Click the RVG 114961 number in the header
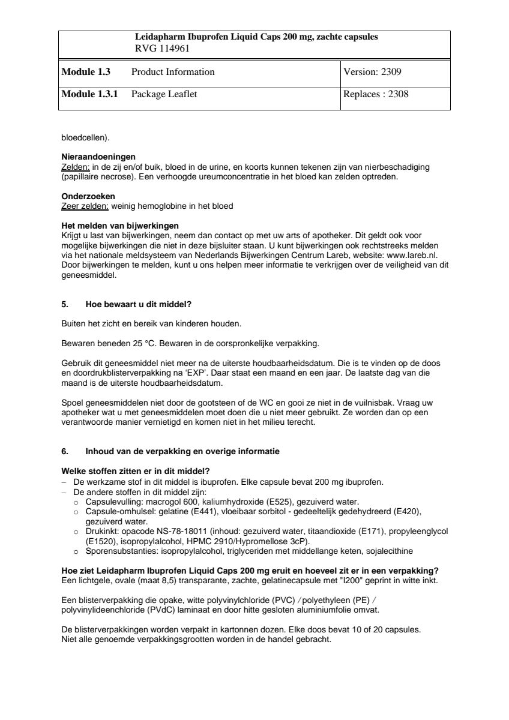[162, 49]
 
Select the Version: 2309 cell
[372, 72]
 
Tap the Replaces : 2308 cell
[376, 94]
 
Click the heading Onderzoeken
[89, 197]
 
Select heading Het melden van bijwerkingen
[120, 225]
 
